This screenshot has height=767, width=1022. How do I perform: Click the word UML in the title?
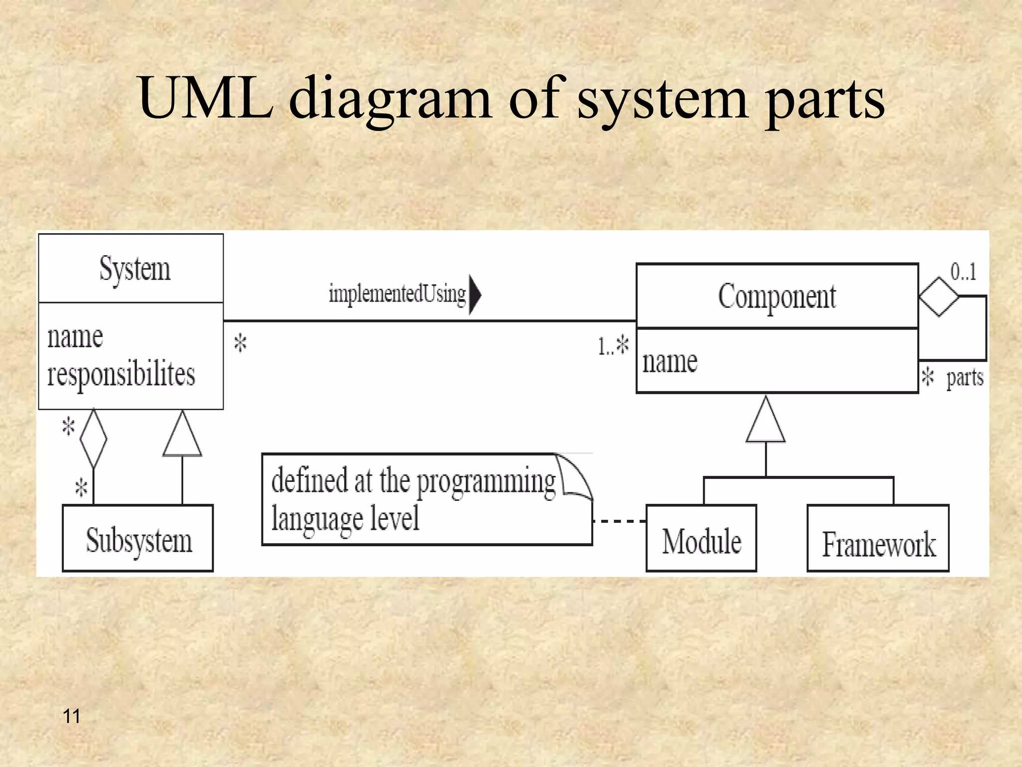tap(206, 98)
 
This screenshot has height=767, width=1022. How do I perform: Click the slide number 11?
tap(72, 716)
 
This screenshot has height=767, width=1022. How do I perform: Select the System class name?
tap(135, 269)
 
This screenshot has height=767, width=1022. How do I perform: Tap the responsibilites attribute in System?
tap(121, 375)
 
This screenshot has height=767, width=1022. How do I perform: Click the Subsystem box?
tap(138, 539)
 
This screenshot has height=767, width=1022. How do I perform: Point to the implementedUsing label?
tap(397, 294)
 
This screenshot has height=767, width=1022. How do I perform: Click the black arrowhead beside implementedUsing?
tap(475, 294)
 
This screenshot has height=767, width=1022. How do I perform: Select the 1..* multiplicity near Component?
tap(613, 346)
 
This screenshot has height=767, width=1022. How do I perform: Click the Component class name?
tap(777, 297)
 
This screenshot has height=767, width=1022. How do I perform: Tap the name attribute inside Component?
tap(670, 362)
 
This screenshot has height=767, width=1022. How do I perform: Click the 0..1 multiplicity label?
tap(963, 272)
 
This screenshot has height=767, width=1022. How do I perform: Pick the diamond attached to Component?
tap(939, 297)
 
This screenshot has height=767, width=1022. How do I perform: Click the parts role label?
tap(965, 378)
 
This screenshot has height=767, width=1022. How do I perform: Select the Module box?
tap(701, 539)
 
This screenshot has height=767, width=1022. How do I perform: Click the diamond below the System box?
tap(93, 438)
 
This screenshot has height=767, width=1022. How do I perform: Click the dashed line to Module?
tap(619, 521)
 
